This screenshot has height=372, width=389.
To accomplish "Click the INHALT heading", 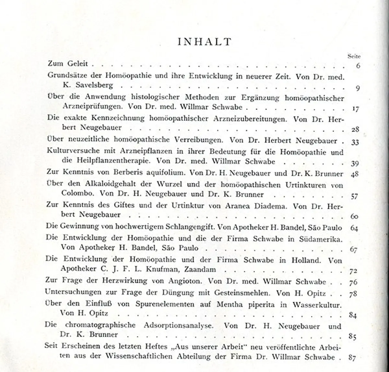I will (205, 42).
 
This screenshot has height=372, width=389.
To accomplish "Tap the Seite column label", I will (354, 56).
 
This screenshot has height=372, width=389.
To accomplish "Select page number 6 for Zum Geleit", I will (358, 66).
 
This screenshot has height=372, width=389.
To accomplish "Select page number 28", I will (355, 130).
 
